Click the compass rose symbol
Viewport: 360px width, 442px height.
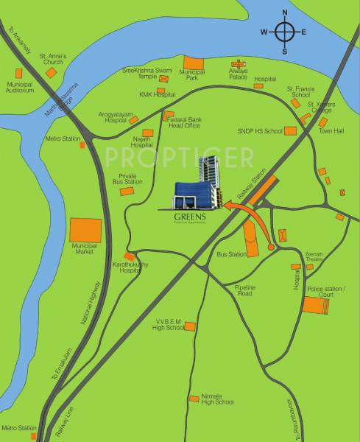[x=284, y=32]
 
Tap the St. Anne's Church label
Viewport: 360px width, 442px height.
[x=52, y=58]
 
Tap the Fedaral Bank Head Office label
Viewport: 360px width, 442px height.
[x=184, y=122]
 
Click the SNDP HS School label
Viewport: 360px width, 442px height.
[x=259, y=130]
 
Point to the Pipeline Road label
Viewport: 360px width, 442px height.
[x=244, y=290]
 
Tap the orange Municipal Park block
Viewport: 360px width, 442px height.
[x=194, y=63]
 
